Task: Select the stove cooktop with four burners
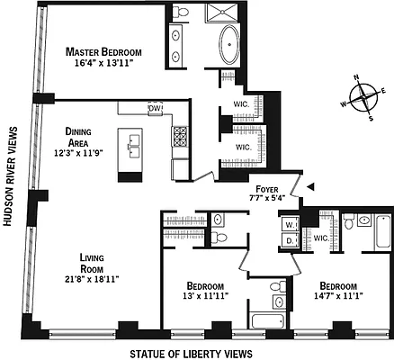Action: [180, 137]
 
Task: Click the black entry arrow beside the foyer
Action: [311, 185]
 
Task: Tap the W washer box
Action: [290, 224]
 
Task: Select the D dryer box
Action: [290, 239]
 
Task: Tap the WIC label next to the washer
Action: [320, 238]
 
